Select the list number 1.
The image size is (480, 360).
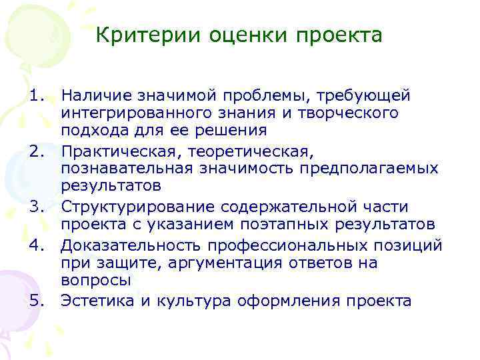pos(37,97)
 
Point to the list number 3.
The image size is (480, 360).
pos(37,207)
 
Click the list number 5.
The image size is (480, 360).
pos(37,301)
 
